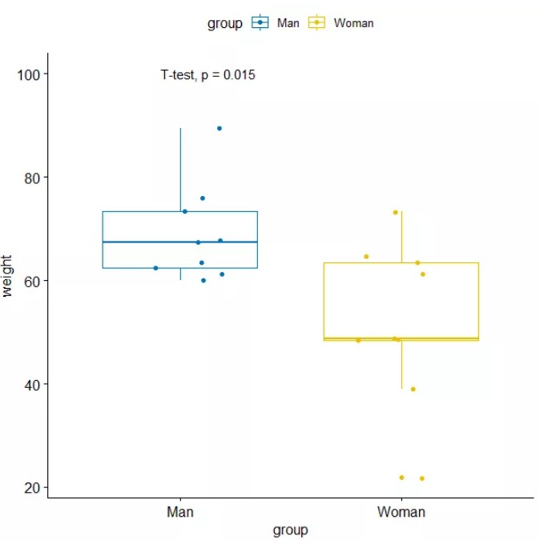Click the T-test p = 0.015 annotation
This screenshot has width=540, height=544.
point(208,75)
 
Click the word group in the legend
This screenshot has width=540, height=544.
point(224,23)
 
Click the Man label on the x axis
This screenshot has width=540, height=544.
point(179,512)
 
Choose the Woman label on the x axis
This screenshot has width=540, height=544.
point(401,512)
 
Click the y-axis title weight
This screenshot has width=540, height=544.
point(9,276)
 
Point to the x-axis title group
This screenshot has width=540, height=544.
point(290,530)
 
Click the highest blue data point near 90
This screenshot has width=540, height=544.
point(220,128)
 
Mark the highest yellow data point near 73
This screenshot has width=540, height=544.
point(395,212)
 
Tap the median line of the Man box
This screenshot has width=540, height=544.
point(179,242)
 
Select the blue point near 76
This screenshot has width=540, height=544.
point(203,198)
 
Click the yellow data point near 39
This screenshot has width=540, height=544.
point(413,389)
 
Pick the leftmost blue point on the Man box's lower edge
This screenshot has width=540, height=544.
point(155,268)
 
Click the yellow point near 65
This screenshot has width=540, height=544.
point(366,257)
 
